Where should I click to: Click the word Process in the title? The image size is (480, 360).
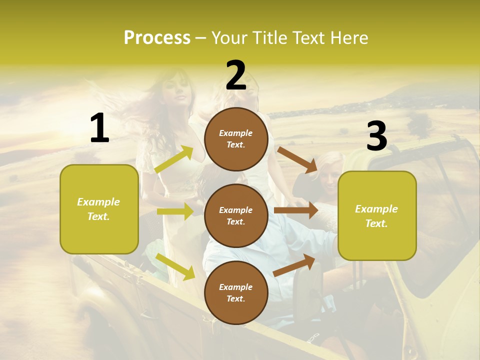157,38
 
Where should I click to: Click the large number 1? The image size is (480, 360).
99,128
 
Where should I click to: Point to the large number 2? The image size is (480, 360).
236,75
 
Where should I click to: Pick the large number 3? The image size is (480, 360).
376,136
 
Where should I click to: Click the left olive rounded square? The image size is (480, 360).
99,209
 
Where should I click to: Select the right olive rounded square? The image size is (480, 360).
377,215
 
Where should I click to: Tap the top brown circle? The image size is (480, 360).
236,139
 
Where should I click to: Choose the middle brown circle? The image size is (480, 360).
236,215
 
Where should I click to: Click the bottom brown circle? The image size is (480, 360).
236,292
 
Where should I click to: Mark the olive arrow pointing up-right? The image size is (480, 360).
174,159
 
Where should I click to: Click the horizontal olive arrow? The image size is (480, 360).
175,211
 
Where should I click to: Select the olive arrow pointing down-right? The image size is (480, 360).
175,266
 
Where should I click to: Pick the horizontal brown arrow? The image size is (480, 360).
296,210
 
